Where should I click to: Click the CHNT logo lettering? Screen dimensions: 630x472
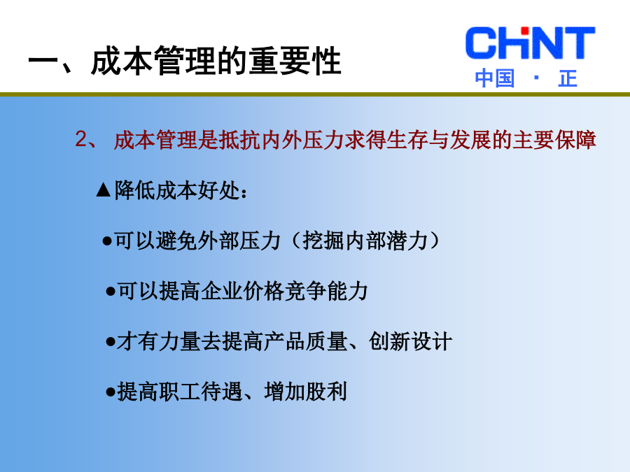tap(530, 43)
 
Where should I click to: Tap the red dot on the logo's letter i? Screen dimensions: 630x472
tap(524, 31)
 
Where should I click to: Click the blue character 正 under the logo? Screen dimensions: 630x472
tap(568, 78)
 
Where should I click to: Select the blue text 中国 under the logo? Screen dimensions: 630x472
tap(495, 78)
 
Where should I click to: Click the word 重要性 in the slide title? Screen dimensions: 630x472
tap(295, 61)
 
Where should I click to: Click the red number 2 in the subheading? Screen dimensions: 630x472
tap(80, 139)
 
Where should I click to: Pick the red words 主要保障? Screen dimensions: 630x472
tap(554, 140)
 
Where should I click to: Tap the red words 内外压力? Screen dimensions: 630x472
tap(302, 140)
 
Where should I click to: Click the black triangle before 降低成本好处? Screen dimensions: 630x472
tap(104, 189)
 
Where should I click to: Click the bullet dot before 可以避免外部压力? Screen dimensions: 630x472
tap(107, 241)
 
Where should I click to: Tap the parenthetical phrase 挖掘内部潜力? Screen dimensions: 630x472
tap(365, 241)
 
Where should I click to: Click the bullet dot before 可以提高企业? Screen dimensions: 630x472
tap(111, 292)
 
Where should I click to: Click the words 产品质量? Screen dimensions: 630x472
tap(306, 341)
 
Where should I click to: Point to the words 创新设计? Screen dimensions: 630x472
tap(411, 341)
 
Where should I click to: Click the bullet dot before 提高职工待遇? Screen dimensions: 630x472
tap(111, 392)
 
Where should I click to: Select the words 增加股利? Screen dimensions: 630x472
tap(306, 392)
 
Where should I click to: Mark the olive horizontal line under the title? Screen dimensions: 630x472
tap(315, 94)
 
